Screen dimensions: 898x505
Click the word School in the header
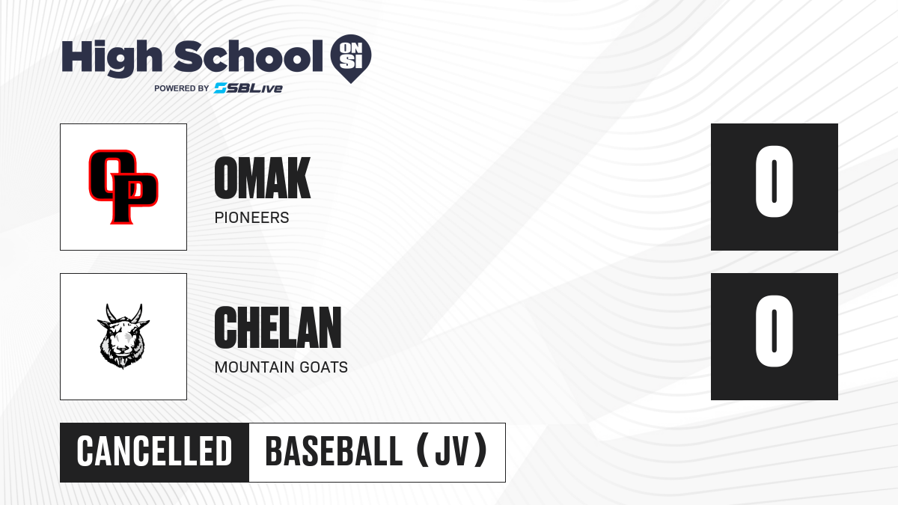(x=248, y=55)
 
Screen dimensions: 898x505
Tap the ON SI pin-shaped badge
(x=351, y=58)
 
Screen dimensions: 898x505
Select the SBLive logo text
(x=248, y=88)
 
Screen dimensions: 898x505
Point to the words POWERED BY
(x=182, y=88)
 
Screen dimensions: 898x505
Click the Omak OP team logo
(x=123, y=187)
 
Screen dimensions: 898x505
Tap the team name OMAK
(x=263, y=177)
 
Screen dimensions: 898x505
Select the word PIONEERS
(x=251, y=218)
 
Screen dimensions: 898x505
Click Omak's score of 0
(x=774, y=181)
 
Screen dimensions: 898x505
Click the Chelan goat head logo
(x=123, y=336)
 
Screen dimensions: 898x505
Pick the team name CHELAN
(x=278, y=327)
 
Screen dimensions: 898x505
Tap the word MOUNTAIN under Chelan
(x=254, y=367)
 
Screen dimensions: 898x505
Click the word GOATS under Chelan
(x=324, y=367)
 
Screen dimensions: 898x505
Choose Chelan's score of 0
(x=774, y=331)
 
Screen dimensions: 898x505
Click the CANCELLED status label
(x=154, y=451)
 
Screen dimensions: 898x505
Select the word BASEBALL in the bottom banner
(x=334, y=451)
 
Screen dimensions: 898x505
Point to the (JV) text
(x=452, y=451)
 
